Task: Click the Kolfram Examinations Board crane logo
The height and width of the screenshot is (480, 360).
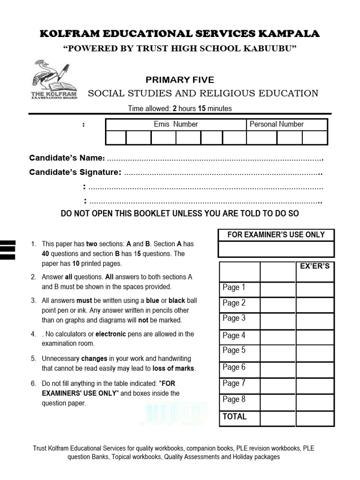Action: click(53, 79)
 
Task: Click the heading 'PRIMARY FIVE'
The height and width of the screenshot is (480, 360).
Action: click(180, 80)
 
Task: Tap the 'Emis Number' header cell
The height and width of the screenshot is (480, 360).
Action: click(176, 124)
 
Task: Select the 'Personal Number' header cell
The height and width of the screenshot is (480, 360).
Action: click(277, 124)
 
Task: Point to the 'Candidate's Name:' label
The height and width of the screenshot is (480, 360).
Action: click(67, 158)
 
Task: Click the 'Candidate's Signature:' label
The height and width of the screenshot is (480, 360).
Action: click(75, 172)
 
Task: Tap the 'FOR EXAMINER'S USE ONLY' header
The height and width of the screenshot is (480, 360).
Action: click(276, 234)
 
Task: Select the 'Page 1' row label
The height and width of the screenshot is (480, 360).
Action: click(234, 287)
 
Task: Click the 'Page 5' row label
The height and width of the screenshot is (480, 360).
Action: click(234, 350)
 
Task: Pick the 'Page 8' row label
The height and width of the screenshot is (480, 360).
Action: click(234, 399)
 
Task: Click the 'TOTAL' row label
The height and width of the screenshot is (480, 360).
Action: click(234, 416)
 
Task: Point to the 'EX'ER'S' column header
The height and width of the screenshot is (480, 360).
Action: click(315, 266)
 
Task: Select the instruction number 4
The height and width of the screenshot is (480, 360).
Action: click(33, 334)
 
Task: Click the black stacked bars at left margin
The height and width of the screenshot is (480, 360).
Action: click(8, 249)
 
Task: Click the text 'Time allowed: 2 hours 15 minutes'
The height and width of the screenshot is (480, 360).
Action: click(180, 108)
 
